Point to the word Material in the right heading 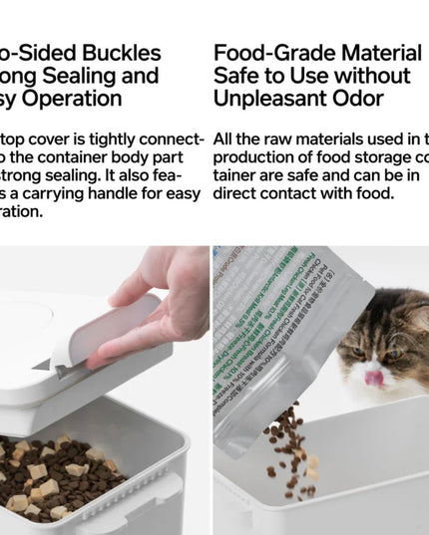pyautogui.click(x=369, y=53)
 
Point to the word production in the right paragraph pyautogui.click(x=254, y=156)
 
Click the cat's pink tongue pyautogui.click(x=373, y=378)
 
